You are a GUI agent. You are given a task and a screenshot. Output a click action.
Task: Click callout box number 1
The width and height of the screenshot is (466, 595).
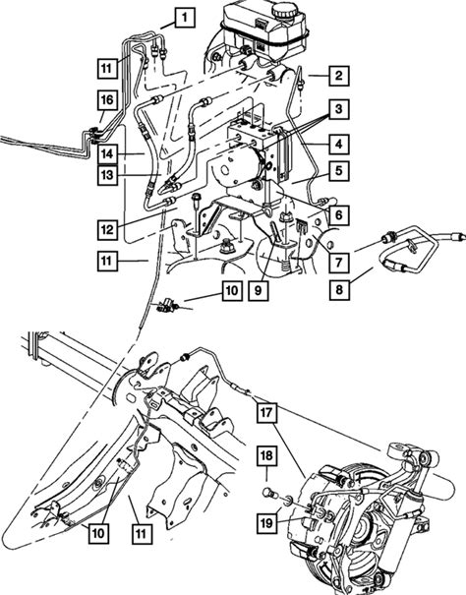click(x=185, y=18)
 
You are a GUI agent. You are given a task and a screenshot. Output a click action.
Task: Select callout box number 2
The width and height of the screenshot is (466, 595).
click(x=338, y=75)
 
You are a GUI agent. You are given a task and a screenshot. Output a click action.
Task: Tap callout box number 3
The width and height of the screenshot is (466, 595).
click(x=338, y=109)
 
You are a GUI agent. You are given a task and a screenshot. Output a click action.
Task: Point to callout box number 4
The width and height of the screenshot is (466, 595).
click(x=338, y=144)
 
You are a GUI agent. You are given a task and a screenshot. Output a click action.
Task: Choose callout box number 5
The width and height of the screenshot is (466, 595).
click(x=338, y=171)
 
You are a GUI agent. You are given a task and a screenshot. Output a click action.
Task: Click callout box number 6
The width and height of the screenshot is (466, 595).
click(x=338, y=215)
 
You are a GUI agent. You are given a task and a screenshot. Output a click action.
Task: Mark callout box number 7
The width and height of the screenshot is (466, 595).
click(x=338, y=262)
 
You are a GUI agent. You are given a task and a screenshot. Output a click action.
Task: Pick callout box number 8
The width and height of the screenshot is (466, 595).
click(x=339, y=290)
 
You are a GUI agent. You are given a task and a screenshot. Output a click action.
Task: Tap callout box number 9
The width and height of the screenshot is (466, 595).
click(x=259, y=291)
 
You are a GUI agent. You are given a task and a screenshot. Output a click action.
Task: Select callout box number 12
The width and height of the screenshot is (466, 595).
click(x=107, y=229)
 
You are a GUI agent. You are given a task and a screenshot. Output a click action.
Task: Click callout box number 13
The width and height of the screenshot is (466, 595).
click(x=107, y=175)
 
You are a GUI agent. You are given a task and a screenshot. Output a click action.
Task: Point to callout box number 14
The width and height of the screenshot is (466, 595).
click(x=107, y=154)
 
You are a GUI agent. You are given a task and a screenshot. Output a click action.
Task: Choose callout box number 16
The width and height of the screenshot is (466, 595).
click(x=107, y=99)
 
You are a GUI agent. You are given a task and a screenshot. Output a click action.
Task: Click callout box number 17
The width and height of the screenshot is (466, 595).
click(x=267, y=412)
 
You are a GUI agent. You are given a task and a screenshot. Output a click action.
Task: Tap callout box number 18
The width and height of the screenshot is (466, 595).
click(x=266, y=455)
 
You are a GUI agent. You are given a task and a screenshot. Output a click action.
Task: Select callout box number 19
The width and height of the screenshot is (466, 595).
click(x=266, y=523)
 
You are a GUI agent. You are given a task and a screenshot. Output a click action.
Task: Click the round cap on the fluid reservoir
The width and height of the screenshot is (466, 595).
click(x=287, y=12)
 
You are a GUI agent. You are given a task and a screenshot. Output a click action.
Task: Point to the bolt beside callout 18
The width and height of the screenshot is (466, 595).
click(x=268, y=492)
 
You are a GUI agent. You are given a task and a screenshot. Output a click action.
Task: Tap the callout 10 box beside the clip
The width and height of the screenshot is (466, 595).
click(x=232, y=291)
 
